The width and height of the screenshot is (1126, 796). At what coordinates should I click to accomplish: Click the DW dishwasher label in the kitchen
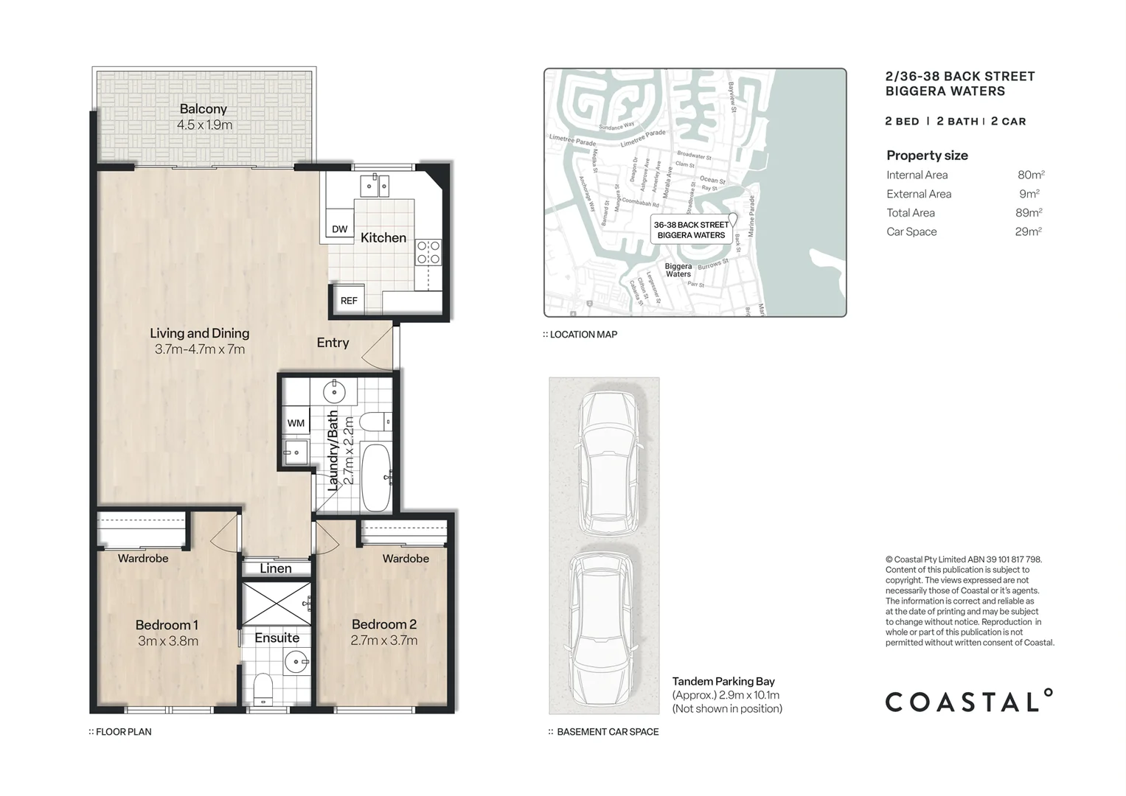coord(339,229)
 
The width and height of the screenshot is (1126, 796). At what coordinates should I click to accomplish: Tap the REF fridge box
coord(349,300)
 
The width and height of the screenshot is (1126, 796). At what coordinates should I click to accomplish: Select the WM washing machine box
coord(296,423)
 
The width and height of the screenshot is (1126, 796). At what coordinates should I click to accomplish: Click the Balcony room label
coord(203,109)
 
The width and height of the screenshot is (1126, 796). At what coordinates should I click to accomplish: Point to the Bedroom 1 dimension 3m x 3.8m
coord(168,641)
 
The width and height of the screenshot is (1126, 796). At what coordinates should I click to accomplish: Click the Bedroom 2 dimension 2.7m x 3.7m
coord(383,641)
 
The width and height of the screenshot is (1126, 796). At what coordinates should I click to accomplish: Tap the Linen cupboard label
coord(275,568)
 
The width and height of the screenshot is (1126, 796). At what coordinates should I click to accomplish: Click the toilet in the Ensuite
coord(263,690)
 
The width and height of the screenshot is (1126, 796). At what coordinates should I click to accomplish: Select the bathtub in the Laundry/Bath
coord(377,477)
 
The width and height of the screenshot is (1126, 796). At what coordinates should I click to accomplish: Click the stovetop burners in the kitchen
coord(428,252)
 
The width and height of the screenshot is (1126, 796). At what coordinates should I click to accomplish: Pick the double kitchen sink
coord(375,186)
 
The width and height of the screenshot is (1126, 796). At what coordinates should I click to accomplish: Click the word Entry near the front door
coord(333,343)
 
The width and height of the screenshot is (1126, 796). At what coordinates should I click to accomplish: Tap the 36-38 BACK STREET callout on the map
coord(691,230)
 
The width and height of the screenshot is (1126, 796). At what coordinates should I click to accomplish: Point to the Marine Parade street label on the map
coord(751,215)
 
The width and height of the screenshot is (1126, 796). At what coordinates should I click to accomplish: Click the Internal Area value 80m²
coord(1030,175)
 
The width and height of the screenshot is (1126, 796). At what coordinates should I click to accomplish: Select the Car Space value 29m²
coord(1028,231)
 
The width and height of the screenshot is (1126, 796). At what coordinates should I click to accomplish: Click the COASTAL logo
coord(968,701)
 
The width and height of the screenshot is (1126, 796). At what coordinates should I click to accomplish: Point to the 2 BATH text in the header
coord(957,122)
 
